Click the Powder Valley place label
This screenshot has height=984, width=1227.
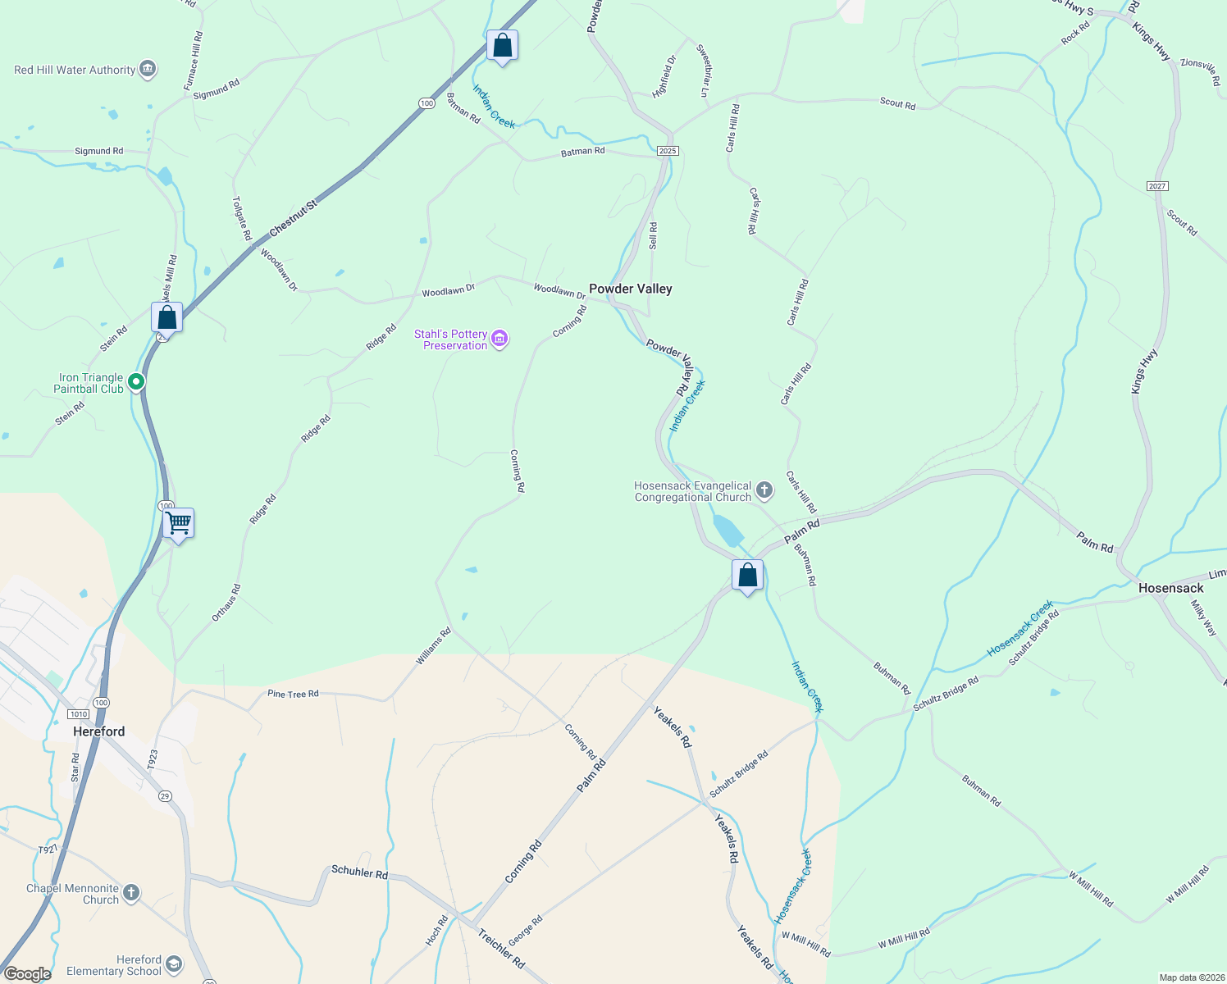click(630, 289)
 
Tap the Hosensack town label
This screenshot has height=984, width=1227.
click(1170, 588)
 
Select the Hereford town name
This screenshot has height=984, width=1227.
click(99, 731)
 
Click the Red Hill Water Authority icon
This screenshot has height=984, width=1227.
click(148, 69)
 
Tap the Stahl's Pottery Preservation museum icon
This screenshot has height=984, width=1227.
click(499, 339)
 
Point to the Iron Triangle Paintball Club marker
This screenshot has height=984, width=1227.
click(136, 381)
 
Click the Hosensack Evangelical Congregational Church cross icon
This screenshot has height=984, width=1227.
click(764, 491)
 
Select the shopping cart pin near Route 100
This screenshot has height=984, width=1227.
click(178, 523)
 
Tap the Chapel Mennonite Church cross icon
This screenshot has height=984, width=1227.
click(131, 892)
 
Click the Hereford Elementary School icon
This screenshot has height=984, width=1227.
click(174, 964)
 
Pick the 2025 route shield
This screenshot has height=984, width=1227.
click(668, 151)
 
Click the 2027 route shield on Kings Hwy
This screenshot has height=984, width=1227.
click(1157, 186)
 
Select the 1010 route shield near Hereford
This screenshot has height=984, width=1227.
click(78, 714)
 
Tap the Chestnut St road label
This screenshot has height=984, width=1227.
click(292, 219)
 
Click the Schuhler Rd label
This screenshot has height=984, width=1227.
click(359, 872)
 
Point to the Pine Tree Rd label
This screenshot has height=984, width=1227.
click(293, 694)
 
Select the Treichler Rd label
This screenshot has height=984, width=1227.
click(501, 949)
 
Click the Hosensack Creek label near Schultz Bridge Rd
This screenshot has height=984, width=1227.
click(1019, 628)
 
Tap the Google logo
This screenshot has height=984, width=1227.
click(26, 974)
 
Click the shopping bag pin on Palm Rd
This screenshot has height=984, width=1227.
click(747, 576)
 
